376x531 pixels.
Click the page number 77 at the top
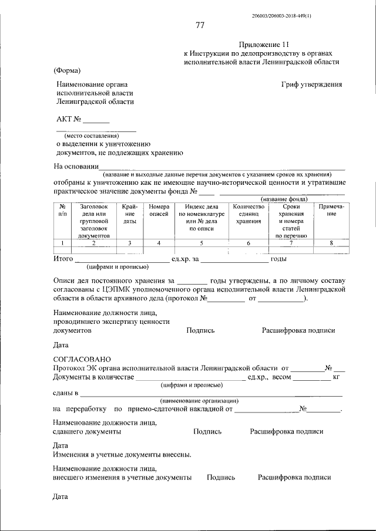[200, 25]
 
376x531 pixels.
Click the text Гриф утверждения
[311, 84]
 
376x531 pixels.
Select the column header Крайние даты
[130, 214]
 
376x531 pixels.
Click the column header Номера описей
[159, 211]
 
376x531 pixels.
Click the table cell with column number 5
[202, 243]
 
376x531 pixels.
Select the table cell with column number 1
[62, 243]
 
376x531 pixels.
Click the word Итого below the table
[63, 259]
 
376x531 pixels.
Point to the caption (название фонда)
[284, 198]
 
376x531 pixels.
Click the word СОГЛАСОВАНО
[81, 358]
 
